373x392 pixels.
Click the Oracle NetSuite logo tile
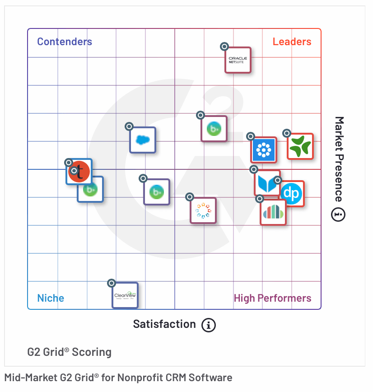coord(238,60)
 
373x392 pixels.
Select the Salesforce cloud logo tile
coord(143,140)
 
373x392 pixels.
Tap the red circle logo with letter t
coord(79,172)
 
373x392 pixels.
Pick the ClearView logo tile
coord(125,295)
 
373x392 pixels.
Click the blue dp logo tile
coord(291,194)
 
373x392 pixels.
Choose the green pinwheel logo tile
coord(300,146)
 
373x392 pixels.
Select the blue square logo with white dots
coord(264,150)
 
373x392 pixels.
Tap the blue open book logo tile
coord(267,183)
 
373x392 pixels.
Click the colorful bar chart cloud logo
coord(273,212)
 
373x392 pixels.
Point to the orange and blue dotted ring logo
coord(203,210)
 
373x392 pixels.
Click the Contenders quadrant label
coord(65,42)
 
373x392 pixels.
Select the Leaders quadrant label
coord(292,42)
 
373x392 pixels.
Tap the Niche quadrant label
coord(51,298)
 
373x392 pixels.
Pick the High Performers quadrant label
coord(272,298)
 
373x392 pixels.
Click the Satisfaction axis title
coord(164,324)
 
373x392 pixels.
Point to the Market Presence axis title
coord(339,159)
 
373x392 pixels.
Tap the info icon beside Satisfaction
coord(209,325)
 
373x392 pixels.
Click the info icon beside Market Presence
coord(339,215)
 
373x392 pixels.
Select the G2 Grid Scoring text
coord(70,352)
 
